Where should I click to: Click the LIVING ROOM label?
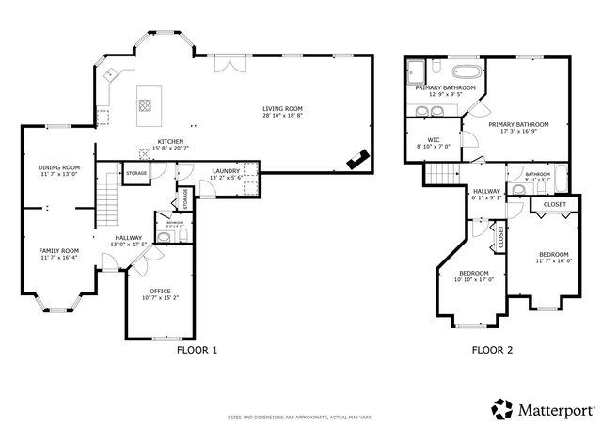(x=282, y=109)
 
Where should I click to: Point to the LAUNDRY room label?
(x=226, y=170)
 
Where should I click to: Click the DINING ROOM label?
(x=58, y=167)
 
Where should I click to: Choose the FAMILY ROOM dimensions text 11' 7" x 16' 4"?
(x=58, y=258)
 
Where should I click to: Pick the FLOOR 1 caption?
(x=197, y=350)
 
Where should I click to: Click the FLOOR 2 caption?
(x=492, y=350)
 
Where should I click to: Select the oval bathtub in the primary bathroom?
(x=466, y=71)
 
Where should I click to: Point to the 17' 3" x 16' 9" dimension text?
(x=518, y=131)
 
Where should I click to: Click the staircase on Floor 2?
(x=441, y=172)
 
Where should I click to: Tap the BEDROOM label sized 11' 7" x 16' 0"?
(x=554, y=255)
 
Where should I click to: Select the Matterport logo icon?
(x=502, y=409)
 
